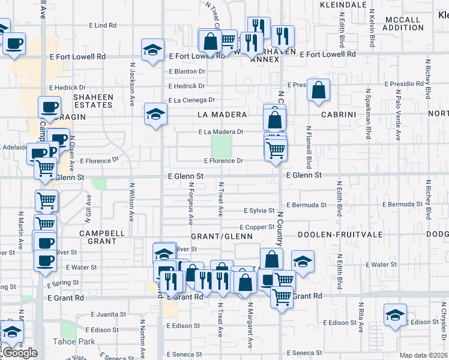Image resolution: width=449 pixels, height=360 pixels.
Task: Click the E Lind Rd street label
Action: click(102, 25)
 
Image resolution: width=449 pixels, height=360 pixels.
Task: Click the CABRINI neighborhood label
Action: click(339, 115)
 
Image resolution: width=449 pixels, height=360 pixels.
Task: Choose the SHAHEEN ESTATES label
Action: click(93, 101)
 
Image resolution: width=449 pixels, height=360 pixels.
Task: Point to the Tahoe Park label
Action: click(78, 341)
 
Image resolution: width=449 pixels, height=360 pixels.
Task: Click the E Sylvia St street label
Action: click(259, 211)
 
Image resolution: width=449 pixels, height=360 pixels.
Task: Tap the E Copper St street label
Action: click(257, 227)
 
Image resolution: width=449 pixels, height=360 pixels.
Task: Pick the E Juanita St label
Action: click(109, 314)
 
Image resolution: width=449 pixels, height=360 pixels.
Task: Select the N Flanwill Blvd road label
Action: click(309, 146)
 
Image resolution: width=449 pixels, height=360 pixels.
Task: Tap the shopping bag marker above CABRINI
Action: click(318, 90)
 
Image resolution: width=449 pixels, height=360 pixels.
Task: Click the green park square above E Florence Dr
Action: click(221, 145)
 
